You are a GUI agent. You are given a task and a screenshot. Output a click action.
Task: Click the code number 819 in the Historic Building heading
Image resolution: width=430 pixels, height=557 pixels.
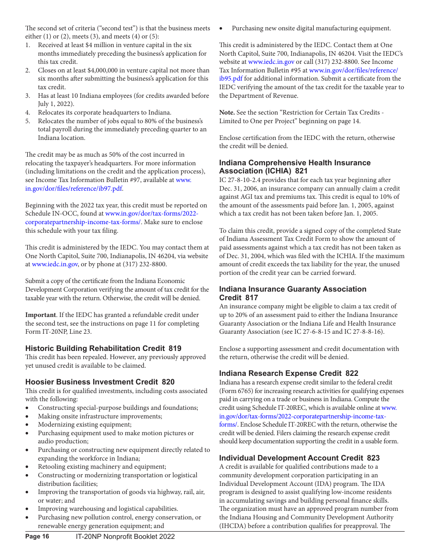pyautogui.click(x=175, y=348)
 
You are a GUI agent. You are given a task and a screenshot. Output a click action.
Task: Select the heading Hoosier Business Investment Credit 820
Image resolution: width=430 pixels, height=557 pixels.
pyautogui.click(x=100, y=382)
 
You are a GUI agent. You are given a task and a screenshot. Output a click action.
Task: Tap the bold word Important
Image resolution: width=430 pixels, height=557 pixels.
pyautogui.click(x=40, y=315)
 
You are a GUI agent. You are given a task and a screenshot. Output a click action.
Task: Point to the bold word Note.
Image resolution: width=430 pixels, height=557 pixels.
pyautogui.click(x=227, y=112)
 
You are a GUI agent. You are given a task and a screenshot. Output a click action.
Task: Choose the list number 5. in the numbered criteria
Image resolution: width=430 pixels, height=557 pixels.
pyautogui.click(x=28, y=121)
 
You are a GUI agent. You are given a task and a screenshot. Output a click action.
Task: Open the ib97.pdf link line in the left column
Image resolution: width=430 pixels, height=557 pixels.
pyautogui.click(x=74, y=188)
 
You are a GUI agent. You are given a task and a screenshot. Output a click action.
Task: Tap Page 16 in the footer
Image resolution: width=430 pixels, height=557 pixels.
pyautogui.click(x=37, y=537)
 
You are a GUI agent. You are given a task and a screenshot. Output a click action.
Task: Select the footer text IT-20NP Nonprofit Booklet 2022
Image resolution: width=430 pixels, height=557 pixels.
pyautogui.click(x=125, y=537)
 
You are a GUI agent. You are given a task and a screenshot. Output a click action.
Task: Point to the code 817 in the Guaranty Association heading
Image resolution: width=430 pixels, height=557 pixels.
pyautogui.click(x=251, y=298)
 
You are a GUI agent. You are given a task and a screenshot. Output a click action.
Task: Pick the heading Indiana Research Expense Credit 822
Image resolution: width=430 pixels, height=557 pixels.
pyautogui.click(x=288, y=373)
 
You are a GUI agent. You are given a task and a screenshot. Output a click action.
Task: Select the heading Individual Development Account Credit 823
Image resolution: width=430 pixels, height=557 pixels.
pyautogui.click(x=299, y=458)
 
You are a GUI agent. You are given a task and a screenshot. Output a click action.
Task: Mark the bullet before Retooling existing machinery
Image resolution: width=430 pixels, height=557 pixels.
pyautogui.click(x=28, y=467)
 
